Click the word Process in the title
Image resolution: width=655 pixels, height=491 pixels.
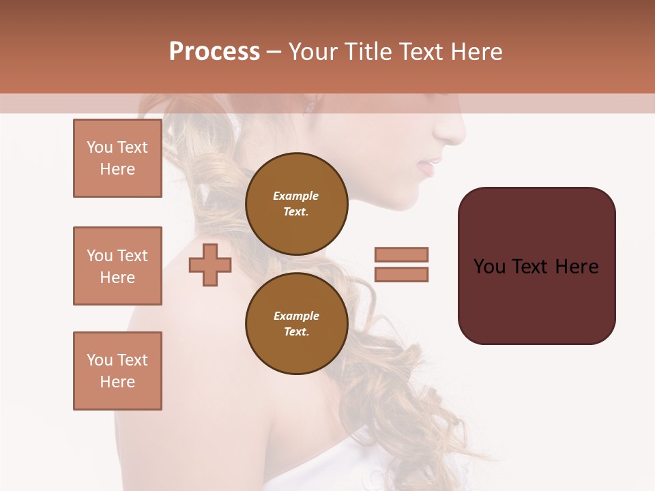point(214,52)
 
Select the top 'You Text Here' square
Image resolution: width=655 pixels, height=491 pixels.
point(117,158)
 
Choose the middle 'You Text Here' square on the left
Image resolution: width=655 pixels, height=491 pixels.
point(117,266)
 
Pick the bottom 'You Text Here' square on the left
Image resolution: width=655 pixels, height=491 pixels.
point(117,371)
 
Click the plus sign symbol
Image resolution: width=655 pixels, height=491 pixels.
point(210,265)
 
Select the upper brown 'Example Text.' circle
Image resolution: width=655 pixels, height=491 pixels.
point(296,203)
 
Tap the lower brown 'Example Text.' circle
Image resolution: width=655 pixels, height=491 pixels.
point(296,323)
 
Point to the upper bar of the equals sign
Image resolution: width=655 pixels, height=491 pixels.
point(401,254)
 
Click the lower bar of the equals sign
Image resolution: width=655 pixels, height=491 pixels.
point(401,274)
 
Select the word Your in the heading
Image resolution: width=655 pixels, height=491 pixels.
point(313,52)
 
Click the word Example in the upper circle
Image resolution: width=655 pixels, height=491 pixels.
point(296,196)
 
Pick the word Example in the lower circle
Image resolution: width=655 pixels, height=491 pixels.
point(296,316)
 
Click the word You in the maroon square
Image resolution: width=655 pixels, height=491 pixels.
point(490,266)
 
